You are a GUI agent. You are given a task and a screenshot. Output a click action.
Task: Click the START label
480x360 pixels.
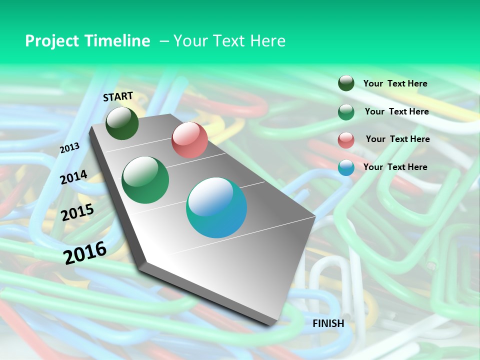point(118,96)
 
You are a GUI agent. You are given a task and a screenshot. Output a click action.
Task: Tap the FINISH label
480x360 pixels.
point(328,323)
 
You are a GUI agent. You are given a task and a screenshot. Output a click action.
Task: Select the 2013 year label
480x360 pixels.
point(69,148)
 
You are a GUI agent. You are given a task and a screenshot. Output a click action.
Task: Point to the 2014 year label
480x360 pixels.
point(73,177)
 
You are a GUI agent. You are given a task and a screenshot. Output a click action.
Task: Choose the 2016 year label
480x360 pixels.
point(85,252)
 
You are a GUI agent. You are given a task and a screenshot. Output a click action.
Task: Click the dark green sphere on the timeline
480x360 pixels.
point(122,123)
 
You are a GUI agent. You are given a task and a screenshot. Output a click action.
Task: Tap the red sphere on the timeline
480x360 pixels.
point(189,140)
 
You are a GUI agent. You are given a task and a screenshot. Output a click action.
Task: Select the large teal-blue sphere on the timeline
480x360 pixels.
point(216,207)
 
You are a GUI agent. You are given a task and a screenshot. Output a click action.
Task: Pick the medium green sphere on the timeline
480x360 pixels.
point(145,180)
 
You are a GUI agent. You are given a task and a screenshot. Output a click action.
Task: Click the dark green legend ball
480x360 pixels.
point(346,83)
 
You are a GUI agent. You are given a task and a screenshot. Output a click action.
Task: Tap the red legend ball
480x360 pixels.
point(346,139)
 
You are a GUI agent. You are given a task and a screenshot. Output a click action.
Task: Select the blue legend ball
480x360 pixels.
point(346,167)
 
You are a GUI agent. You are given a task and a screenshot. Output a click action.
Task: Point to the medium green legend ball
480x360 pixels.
point(346,112)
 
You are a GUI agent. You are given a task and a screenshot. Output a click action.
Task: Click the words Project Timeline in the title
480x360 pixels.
point(87,41)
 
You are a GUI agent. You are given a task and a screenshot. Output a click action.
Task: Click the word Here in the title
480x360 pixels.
point(267,41)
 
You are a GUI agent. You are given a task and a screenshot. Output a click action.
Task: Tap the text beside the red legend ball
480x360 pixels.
point(397,139)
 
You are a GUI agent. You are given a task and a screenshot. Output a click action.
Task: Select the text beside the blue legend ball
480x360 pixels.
point(395,167)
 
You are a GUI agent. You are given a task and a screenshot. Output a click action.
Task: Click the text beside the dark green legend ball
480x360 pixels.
point(395,83)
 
